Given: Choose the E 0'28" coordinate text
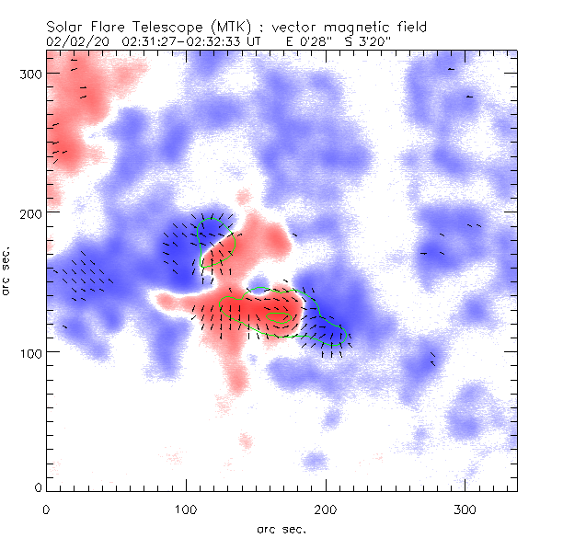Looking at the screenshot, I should pos(300,41).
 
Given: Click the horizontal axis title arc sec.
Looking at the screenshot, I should pos(281,528).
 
